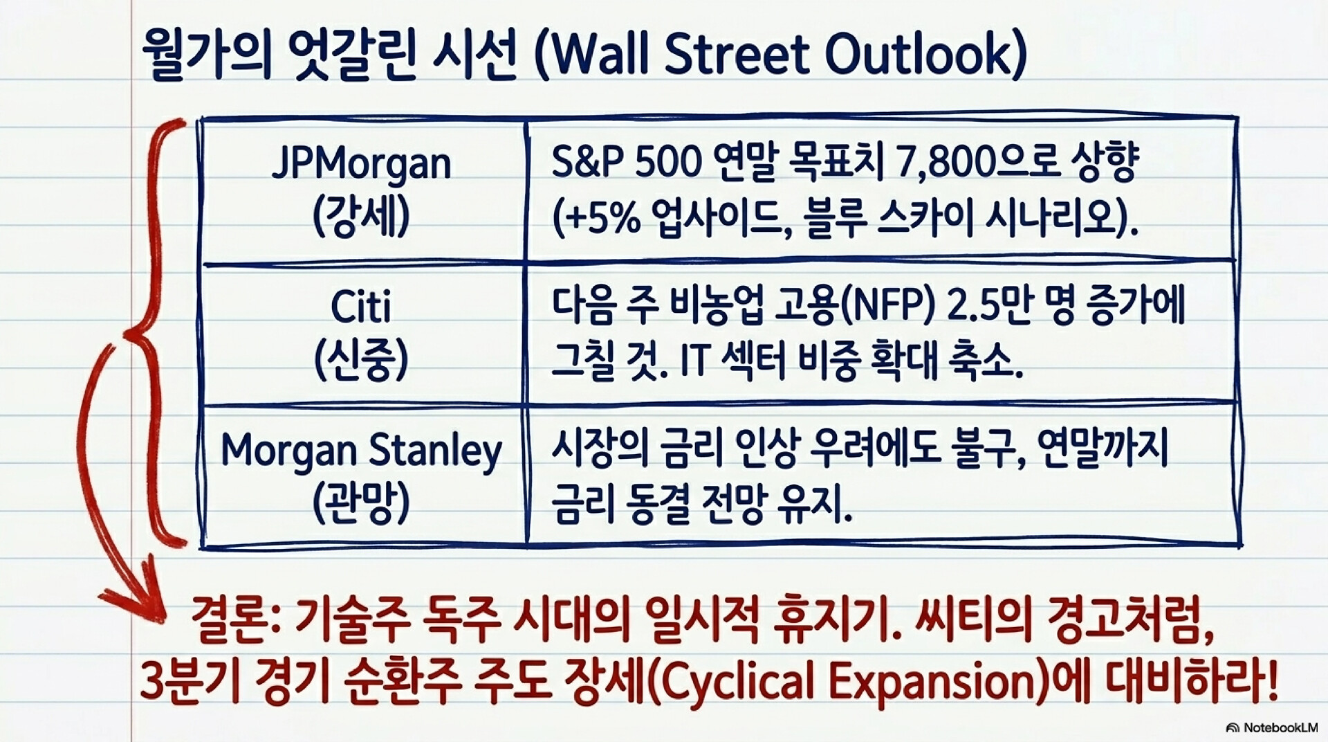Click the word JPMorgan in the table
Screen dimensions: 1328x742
pyautogui.click(x=361, y=165)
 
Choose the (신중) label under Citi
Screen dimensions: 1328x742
pyautogui.click(x=361, y=360)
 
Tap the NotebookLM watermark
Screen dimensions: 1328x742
pyautogui.click(x=1273, y=728)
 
